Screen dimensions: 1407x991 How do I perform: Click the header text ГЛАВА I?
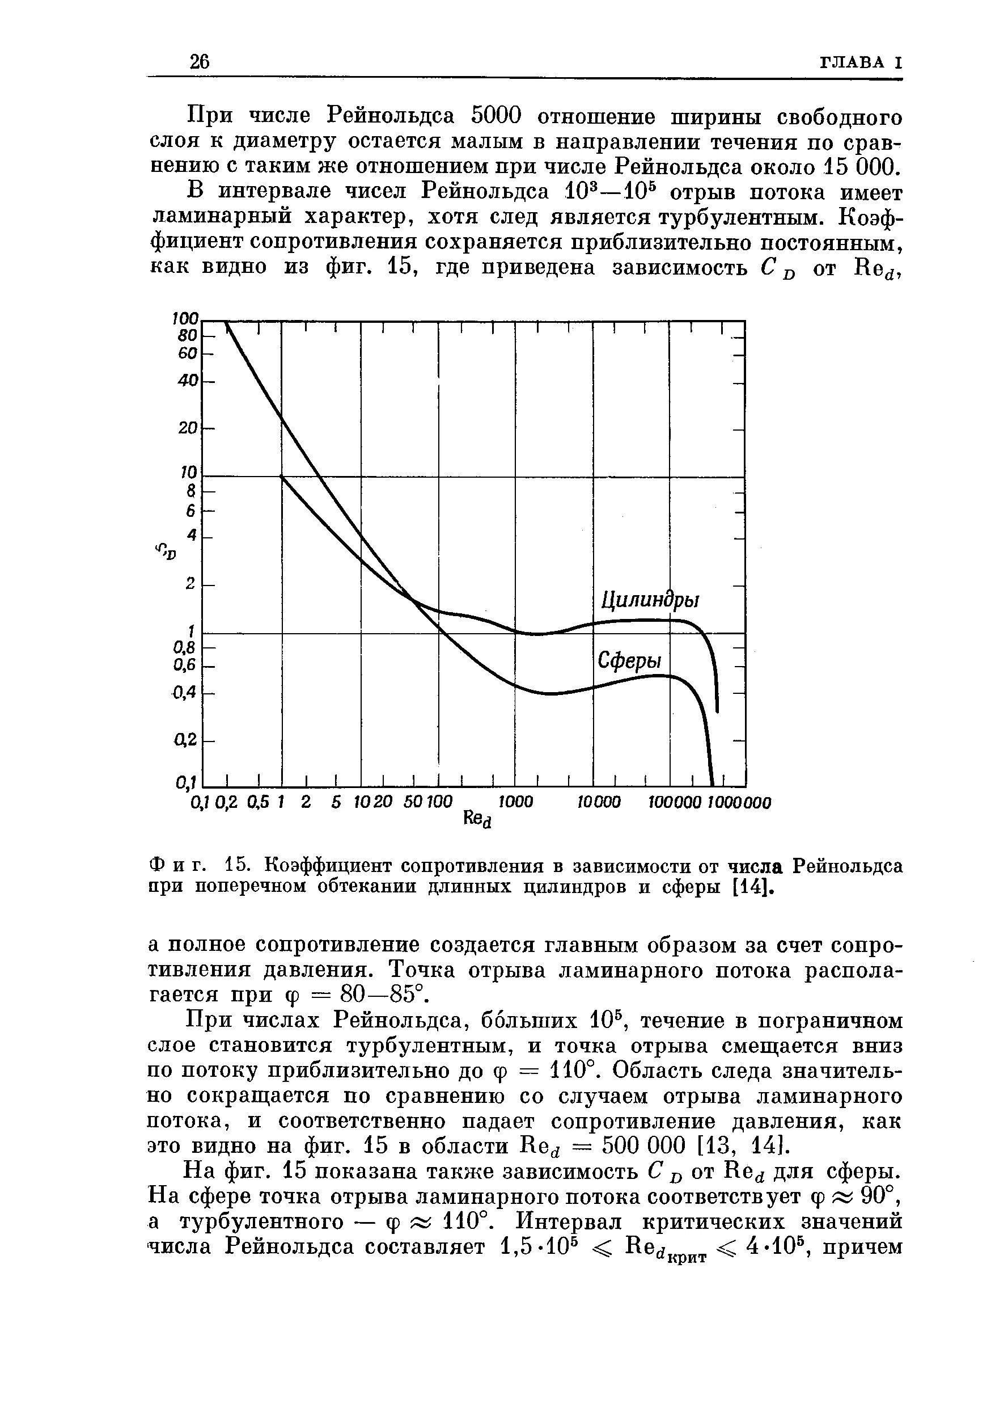(x=861, y=62)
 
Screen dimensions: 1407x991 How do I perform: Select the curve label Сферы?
(x=630, y=661)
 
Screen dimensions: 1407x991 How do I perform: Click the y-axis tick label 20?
(x=189, y=428)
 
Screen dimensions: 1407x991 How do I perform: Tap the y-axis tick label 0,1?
(x=184, y=782)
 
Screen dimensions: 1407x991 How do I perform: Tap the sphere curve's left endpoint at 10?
(x=282, y=476)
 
